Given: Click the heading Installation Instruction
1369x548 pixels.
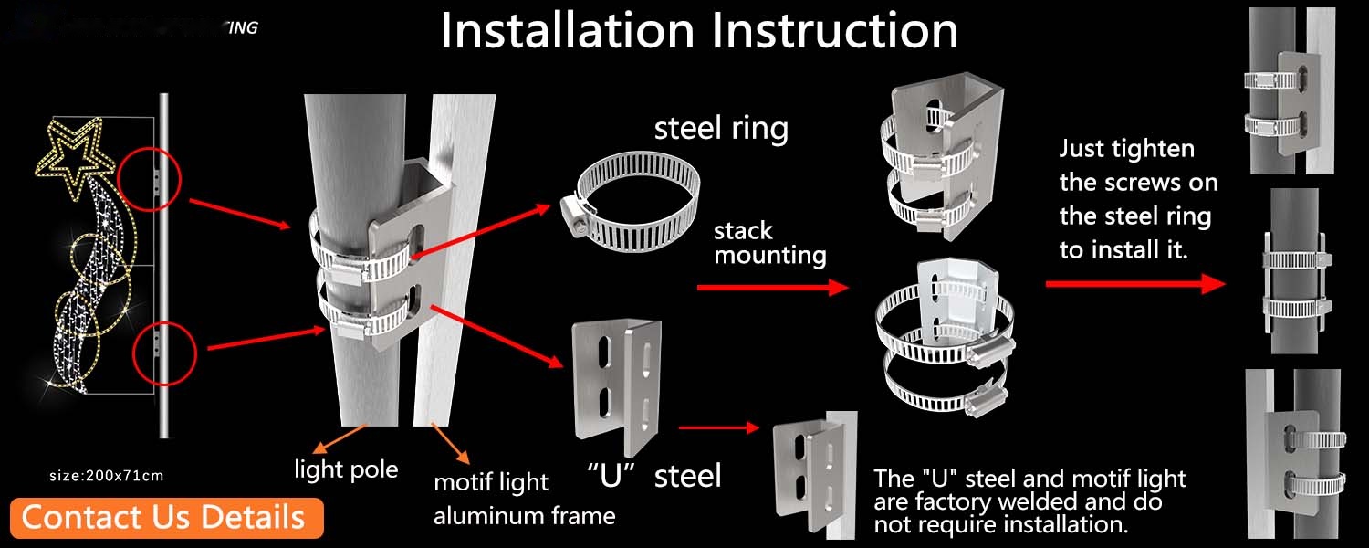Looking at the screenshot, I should point(699,31).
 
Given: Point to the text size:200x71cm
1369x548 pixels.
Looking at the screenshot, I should point(106,475).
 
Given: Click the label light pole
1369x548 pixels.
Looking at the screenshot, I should point(346,469).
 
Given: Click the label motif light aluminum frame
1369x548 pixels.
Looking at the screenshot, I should point(524,499).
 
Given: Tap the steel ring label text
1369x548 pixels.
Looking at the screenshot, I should point(721,128).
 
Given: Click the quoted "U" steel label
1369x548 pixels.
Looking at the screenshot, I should point(653,475).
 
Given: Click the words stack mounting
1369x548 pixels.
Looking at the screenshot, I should point(769,243).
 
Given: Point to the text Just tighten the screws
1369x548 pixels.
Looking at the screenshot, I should point(1138,199).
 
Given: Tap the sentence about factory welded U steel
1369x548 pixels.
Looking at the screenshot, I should point(1029,501).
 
